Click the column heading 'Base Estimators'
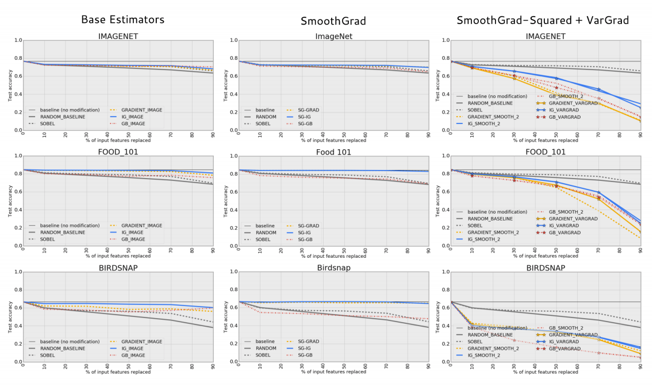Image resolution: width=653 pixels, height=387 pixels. pyautogui.click(x=122, y=20)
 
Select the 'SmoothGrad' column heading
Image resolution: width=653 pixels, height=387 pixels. pyautogui.click(x=333, y=21)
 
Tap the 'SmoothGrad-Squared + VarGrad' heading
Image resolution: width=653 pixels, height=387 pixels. pyautogui.click(x=542, y=20)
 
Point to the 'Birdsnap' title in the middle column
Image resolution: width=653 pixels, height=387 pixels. pyautogui.click(x=333, y=268)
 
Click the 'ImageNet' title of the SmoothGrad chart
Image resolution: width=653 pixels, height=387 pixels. pyautogui.click(x=333, y=36)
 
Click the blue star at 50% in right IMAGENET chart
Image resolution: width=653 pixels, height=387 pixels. pyautogui.click(x=556, y=78)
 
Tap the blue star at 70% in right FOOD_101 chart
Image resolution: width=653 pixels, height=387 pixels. pyautogui.click(x=599, y=193)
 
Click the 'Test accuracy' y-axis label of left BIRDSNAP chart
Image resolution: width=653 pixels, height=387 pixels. pyautogui.click(x=9, y=316)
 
